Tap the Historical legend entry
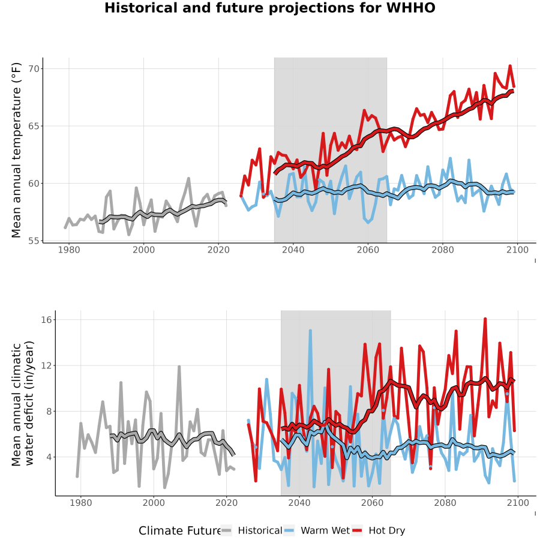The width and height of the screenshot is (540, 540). (251, 530)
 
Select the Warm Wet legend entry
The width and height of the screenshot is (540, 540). (317, 530)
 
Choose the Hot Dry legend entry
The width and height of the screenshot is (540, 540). (379, 530)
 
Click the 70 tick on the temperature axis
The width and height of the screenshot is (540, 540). (34, 69)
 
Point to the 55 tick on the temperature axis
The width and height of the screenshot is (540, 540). (34, 241)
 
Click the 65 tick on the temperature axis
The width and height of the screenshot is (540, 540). (34, 126)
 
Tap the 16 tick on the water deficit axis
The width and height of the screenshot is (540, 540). (46, 320)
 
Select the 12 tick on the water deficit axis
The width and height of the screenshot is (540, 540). (46, 365)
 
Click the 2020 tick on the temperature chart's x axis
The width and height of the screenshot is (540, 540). (218, 250)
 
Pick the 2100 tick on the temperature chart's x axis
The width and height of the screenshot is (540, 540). (517, 250)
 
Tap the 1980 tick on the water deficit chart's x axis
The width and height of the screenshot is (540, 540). (81, 502)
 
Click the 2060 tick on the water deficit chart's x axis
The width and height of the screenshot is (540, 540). (372, 502)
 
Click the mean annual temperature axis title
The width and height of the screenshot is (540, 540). (16, 150)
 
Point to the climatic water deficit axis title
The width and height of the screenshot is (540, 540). (23, 403)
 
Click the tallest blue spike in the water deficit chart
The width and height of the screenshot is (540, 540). (310, 331)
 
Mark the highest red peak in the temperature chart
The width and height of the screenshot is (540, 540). (510, 65)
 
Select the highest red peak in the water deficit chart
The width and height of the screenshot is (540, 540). (485, 319)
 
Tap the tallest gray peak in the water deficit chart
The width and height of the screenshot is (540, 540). (179, 367)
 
